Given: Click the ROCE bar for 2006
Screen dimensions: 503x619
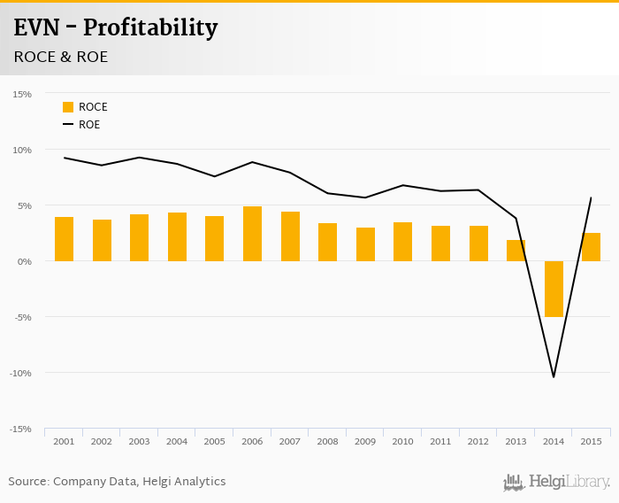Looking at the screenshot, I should coord(252,234).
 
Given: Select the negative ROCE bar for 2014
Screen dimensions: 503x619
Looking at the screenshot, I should coord(554,289).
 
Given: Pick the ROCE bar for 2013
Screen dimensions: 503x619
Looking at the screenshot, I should coord(516,251).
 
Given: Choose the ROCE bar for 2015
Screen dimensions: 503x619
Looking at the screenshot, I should coord(591,247).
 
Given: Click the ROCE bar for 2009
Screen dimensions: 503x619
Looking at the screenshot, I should coord(365,244).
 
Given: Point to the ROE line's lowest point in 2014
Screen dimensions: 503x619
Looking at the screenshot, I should coord(554,377).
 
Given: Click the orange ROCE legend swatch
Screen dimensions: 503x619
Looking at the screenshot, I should coord(68,107).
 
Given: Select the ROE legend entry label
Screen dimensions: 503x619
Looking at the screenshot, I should coord(89,125).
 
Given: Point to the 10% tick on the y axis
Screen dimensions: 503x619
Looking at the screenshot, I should coord(21,150).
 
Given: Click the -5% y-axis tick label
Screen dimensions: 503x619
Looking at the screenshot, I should coord(21,317).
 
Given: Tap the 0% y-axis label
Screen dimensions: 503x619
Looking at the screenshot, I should coord(23,261).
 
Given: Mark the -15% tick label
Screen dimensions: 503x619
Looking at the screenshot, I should coord(20,429).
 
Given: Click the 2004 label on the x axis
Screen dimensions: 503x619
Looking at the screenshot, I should coord(177,441).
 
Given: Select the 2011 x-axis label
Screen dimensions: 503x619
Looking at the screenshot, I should coord(440,441).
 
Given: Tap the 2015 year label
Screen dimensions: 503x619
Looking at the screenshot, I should coord(591,441).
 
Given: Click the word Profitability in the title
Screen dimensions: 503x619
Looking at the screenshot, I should coord(149,27).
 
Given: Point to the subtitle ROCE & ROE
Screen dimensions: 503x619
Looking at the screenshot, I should coord(61,57).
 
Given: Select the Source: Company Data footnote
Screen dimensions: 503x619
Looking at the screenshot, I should coord(117,482).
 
